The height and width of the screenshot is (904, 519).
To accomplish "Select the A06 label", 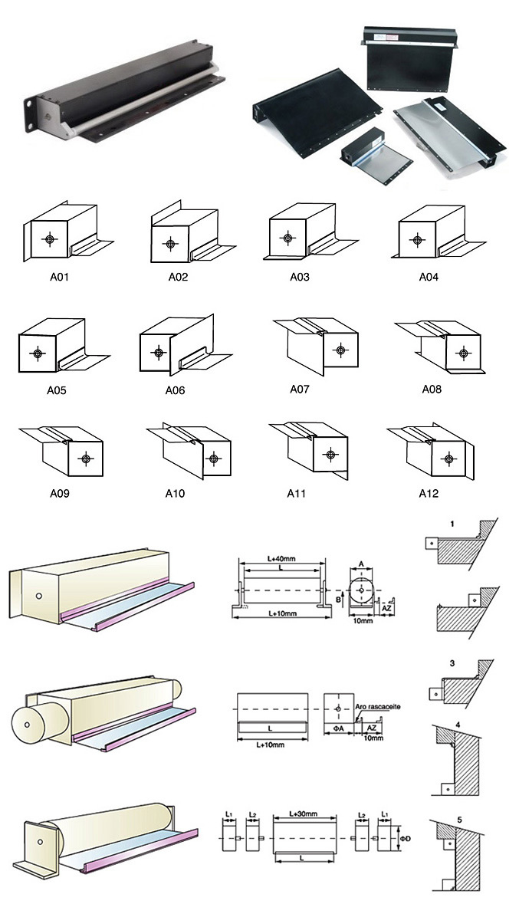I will tap(175, 390).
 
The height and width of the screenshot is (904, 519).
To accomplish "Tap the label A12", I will tap(428, 493).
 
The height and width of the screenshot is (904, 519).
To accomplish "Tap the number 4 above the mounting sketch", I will tap(458, 725).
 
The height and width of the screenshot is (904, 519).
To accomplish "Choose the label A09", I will tap(58, 494).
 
